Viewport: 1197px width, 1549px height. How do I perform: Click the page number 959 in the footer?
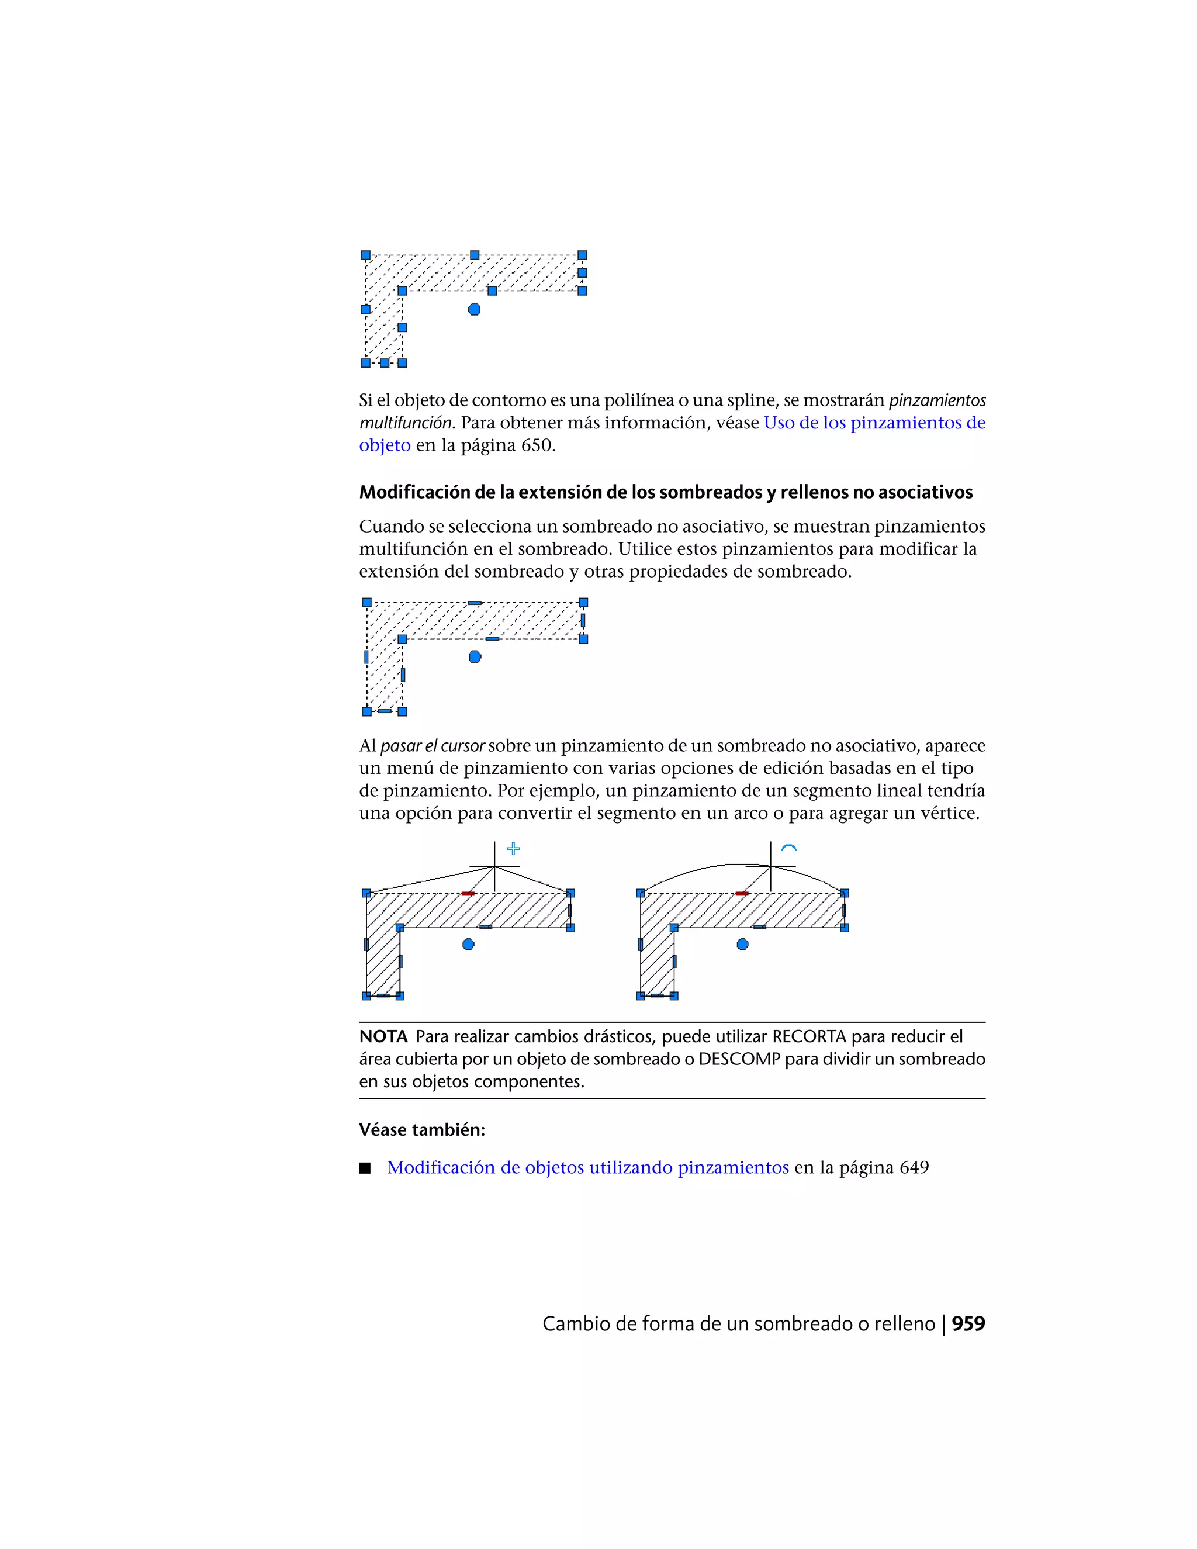[x=968, y=1323]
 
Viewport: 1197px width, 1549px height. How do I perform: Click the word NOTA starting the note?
[x=383, y=1036]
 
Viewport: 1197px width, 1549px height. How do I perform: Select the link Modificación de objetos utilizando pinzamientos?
[x=588, y=1167]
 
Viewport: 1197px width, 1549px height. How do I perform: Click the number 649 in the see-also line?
[x=914, y=1167]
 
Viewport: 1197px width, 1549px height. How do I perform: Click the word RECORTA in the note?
[x=809, y=1036]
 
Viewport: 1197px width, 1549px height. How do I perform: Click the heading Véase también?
[x=422, y=1130]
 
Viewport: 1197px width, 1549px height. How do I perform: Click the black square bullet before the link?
[x=365, y=1168]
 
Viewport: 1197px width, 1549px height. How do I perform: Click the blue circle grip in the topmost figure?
[x=475, y=309]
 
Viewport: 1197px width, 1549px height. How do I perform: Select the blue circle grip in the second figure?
[x=475, y=657]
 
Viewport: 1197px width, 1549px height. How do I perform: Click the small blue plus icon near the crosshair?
[x=513, y=848]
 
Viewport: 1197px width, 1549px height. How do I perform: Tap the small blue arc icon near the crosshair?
[x=788, y=848]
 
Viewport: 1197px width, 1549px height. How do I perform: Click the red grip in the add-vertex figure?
[x=468, y=894]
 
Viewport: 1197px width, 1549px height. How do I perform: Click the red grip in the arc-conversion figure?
[x=742, y=894]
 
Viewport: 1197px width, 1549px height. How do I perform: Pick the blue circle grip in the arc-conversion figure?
[x=742, y=944]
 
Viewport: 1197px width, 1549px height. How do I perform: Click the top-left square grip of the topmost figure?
[x=366, y=255]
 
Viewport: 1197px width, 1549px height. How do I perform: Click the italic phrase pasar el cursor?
[x=433, y=745]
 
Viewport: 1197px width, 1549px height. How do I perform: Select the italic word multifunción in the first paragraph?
[x=405, y=423]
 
